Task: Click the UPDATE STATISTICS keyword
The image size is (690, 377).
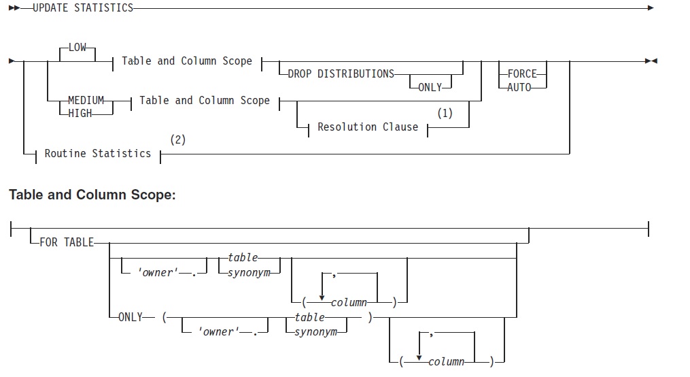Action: [83, 8]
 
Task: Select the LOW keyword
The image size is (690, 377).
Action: [77, 48]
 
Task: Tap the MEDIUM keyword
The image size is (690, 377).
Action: [86, 101]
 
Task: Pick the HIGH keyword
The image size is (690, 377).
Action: [80, 114]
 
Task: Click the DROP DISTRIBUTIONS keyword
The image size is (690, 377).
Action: [341, 74]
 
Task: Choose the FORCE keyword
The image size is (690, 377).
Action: [522, 74]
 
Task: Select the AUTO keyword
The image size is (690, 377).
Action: [519, 87]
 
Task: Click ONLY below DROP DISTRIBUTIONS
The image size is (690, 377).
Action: [430, 87]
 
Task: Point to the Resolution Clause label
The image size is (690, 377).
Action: [368, 127]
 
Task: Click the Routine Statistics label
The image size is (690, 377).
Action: [98, 154]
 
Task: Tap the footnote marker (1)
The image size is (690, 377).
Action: [445, 114]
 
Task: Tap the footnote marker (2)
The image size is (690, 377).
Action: [177, 140]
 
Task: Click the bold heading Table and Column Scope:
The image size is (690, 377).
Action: [92, 195]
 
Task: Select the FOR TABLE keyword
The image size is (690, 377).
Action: [67, 242]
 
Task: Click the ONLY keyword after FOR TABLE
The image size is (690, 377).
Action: [131, 317]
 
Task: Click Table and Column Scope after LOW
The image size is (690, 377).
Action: [187, 61]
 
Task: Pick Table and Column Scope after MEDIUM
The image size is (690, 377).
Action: [205, 101]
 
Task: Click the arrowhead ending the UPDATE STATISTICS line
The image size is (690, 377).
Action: [651, 8]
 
